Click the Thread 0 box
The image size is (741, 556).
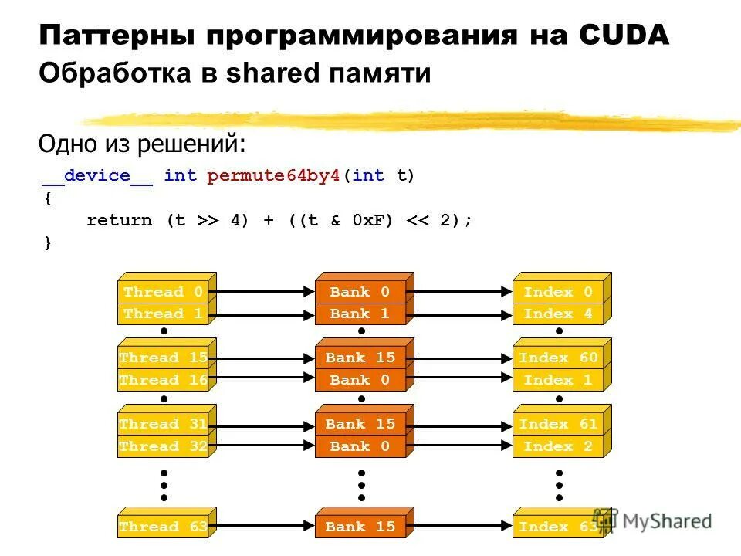(164, 292)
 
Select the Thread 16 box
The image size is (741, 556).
(164, 380)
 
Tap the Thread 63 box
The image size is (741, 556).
(164, 527)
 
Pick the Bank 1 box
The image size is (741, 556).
(360, 314)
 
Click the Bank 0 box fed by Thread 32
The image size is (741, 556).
(360, 446)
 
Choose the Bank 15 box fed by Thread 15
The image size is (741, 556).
(360, 358)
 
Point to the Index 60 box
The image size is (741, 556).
(558, 358)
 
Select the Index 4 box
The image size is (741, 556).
(558, 314)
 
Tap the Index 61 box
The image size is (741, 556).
(558, 424)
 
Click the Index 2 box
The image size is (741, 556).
(558, 446)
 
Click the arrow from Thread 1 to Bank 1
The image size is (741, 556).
(262, 314)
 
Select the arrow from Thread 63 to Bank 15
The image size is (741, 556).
(262, 527)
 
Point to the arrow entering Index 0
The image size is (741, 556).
(463, 292)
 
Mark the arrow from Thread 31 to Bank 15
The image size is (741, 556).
(262, 424)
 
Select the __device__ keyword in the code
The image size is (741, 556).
(97, 175)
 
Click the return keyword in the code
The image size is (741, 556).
(120, 220)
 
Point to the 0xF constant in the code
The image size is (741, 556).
(367, 220)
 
